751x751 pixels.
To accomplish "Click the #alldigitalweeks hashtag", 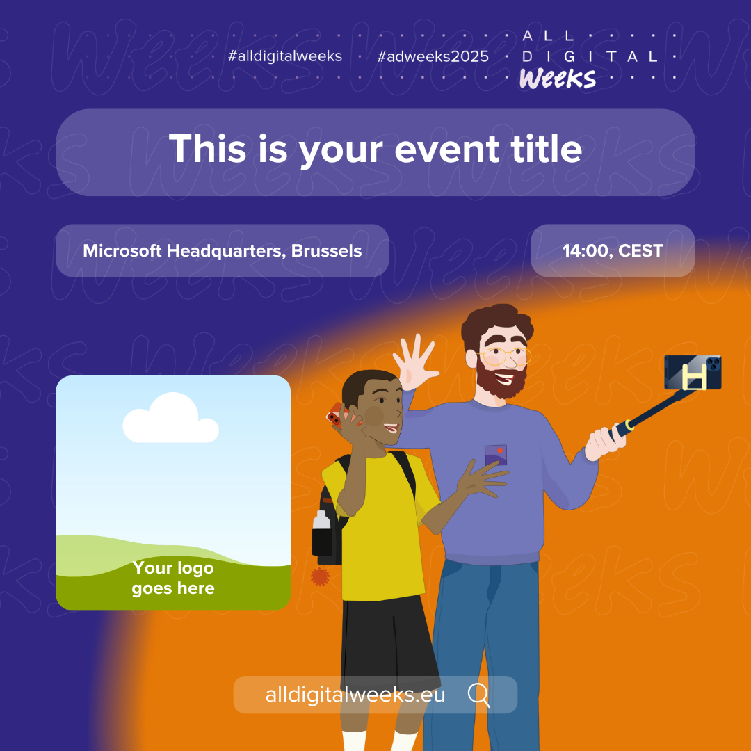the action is pyautogui.click(x=285, y=56).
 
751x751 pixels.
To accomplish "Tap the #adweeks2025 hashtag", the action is pyautogui.click(x=433, y=56).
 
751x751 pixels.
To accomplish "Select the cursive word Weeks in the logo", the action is pyautogui.click(x=558, y=78).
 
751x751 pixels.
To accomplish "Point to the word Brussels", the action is pyautogui.click(x=326, y=250).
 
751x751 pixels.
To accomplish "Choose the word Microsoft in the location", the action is pyautogui.click(x=122, y=250).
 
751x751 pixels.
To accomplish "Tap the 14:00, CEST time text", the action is pyautogui.click(x=613, y=250).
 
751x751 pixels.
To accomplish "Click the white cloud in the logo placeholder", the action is pyautogui.click(x=171, y=418).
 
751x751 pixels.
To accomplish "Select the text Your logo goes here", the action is pyautogui.click(x=173, y=578).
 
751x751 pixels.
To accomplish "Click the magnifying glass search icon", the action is pyautogui.click(x=478, y=695).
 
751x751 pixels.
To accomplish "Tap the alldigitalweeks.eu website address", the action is pyautogui.click(x=355, y=695).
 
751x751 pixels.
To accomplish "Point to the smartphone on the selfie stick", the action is pyautogui.click(x=693, y=372).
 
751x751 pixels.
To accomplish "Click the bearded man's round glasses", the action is pyautogui.click(x=504, y=356).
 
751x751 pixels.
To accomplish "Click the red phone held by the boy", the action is pyautogui.click(x=337, y=415).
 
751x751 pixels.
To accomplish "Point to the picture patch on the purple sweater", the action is pyautogui.click(x=496, y=455).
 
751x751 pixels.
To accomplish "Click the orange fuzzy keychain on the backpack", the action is pyautogui.click(x=320, y=576).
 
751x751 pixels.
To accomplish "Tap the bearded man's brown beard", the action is pyautogui.click(x=500, y=381).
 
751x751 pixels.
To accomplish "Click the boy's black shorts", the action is pyautogui.click(x=389, y=643).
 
